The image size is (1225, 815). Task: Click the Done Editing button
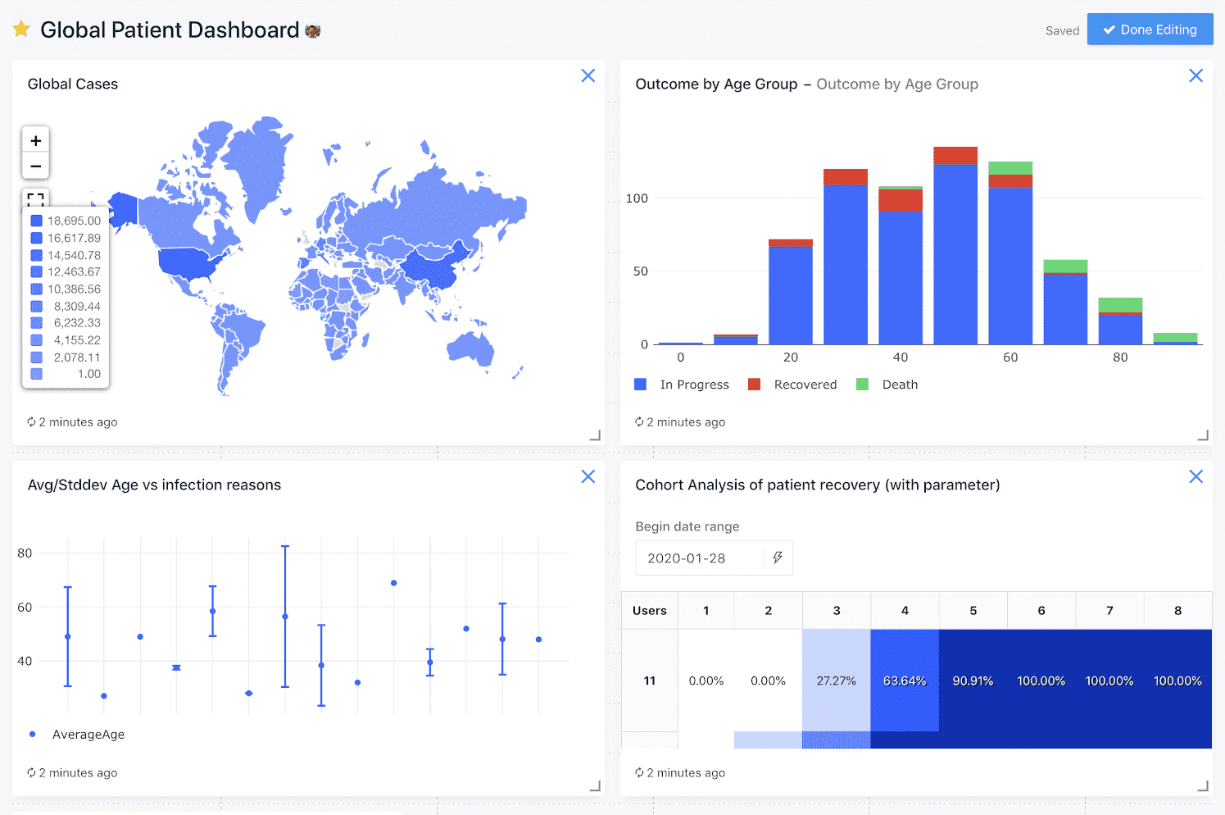click(1150, 30)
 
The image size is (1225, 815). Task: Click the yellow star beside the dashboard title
click(21, 30)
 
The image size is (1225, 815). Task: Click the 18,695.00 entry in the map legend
click(66, 221)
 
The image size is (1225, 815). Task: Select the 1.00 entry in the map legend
click(66, 374)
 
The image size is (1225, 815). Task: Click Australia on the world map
click(470, 348)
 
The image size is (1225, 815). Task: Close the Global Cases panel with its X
click(588, 75)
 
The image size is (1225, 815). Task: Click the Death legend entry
click(888, 385)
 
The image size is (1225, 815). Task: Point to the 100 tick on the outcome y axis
click(637, 198)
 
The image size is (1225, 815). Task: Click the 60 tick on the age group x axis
click(1010, 357)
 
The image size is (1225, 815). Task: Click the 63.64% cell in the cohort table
click(905, 681)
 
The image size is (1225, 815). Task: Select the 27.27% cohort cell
click(836, 681)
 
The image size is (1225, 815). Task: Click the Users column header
click(649, 611)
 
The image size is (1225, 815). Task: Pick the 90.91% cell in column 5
click(973, 681)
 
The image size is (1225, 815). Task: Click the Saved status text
click(1062, 31)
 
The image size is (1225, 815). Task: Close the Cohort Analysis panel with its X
click(1196, 476)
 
